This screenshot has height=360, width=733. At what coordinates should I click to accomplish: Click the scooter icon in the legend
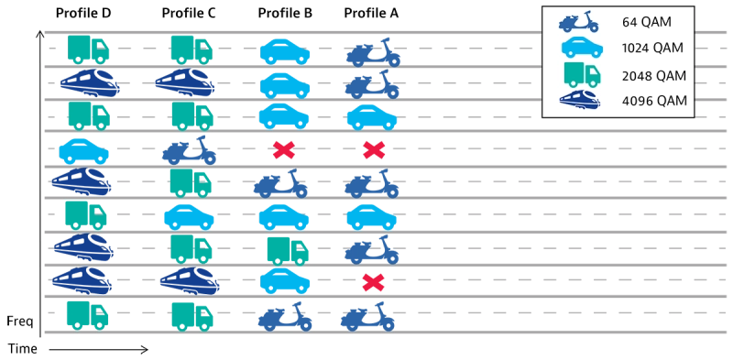click(x=579, y=22)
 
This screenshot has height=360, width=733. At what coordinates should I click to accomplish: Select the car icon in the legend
click(x=580, y=48)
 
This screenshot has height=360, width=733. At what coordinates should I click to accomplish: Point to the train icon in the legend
click(x=580, y=100)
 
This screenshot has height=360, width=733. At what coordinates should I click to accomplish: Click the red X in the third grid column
click(x=283, y=148)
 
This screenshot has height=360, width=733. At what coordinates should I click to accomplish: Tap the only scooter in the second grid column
click(x=190, y=149)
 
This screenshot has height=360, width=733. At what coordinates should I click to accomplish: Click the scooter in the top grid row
click(x=373, y=52)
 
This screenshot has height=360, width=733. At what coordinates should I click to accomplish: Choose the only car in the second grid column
click(x=189, y=217)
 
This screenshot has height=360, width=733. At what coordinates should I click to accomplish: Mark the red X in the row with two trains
click(x=372, y=282)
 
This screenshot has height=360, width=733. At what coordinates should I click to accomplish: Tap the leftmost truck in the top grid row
click(x=88, y=49)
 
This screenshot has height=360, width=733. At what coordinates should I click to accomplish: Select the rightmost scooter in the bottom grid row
click(x=367, y=316)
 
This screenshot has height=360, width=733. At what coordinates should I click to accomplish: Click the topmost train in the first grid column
click(x=90, y=83)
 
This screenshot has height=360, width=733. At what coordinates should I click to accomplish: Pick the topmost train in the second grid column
click(x=186, y=83)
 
